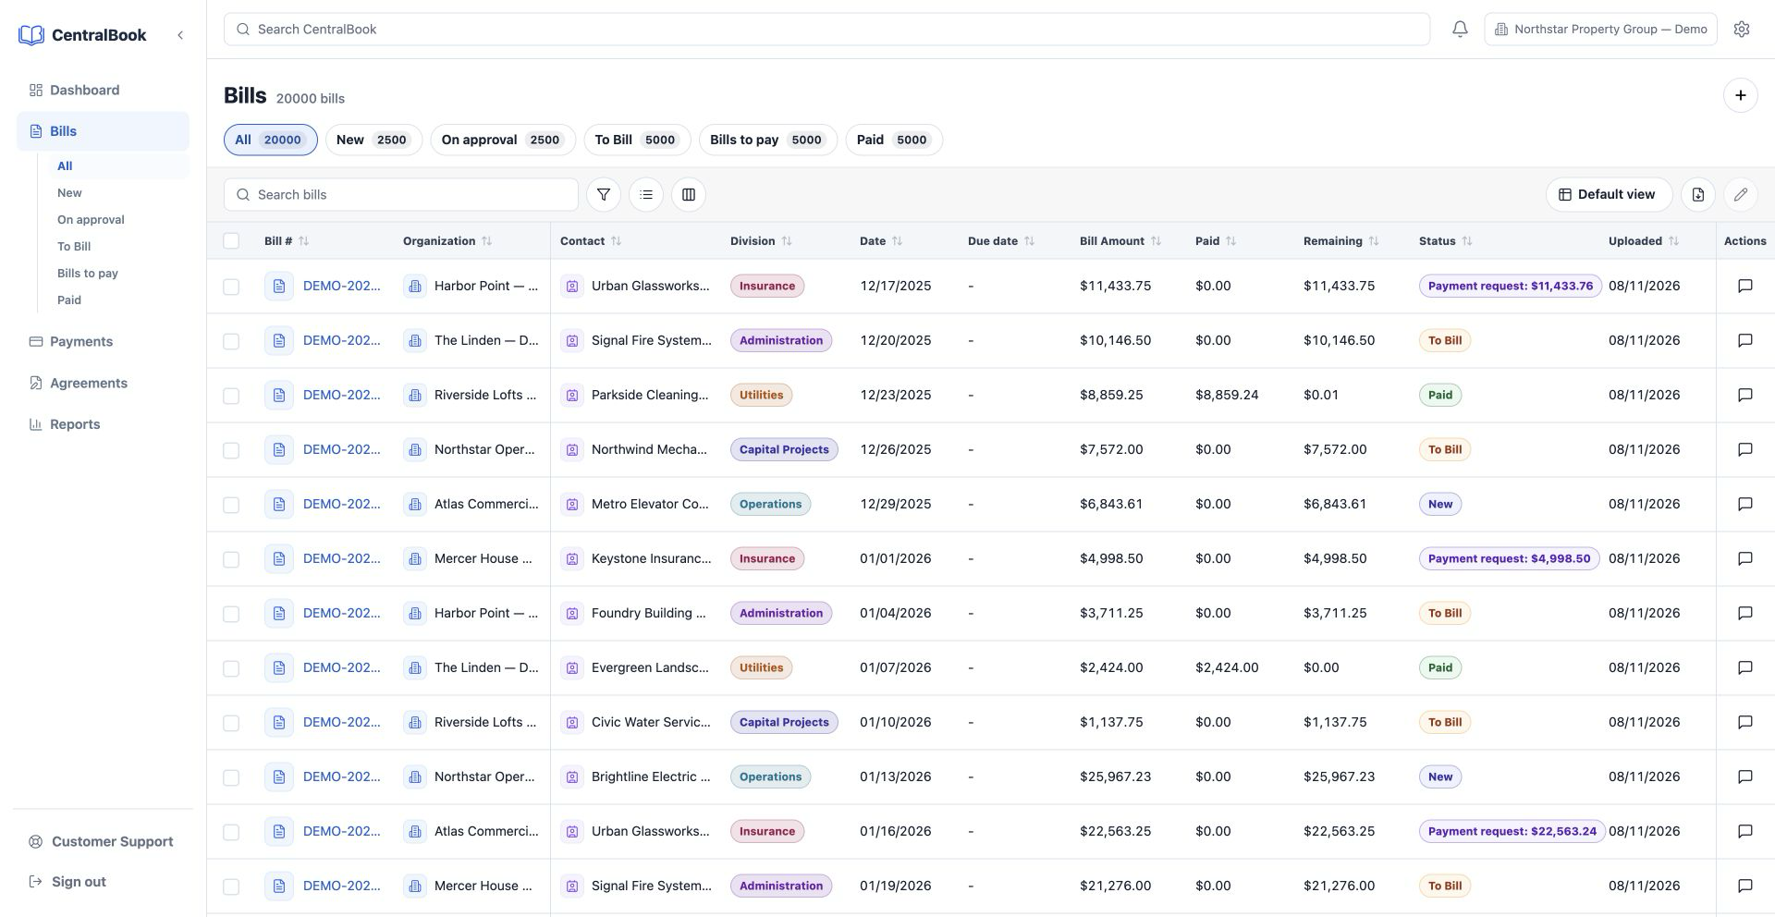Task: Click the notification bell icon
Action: [x=1460, y=30]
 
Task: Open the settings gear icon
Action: [x=1742, y=30]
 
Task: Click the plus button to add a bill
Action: [x=1741, y=95]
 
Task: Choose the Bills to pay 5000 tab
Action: [x=767, y=140]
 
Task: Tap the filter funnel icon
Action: [x=604, y=195]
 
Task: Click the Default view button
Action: [x=1609, y=195]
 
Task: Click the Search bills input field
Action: [x=401, y=195]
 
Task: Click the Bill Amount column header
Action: [x=1112, y=241]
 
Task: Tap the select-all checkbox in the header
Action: [x=231, y=241]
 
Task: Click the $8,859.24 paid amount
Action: [x=1227, y=395]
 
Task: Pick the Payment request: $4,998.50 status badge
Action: [x=1509, y=558]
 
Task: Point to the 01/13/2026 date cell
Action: [x=895, y=776]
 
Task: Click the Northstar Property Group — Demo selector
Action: [x=1601, y=30]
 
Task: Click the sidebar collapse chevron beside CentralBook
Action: [x=180, y=35]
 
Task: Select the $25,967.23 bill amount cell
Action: [x=1115, y=776]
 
